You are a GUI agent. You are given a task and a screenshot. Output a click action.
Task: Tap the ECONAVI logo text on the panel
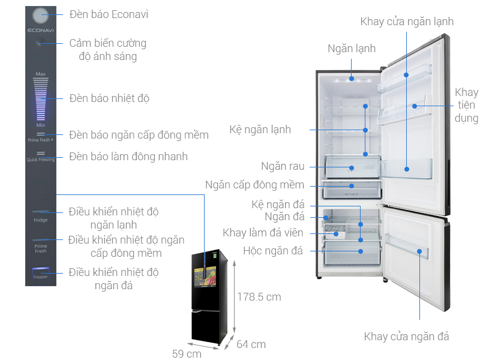(x=40, y=29)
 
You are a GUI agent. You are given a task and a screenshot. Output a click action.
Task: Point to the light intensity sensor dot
(x=40, y=43)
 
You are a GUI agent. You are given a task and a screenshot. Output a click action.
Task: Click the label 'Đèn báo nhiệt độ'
(x=109, y=98)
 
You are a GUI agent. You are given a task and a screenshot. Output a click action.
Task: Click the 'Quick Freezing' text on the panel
(x=41, y=160)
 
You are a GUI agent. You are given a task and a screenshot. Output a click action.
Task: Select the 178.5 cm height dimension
(x=259, y=296)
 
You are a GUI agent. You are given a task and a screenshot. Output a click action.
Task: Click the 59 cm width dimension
(x=187, y=354)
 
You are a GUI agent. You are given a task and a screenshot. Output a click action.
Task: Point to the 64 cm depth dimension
(x=251, y=344)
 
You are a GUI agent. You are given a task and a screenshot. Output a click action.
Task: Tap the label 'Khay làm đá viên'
(x=263, y=233)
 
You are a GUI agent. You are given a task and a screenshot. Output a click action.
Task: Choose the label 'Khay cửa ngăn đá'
(x=406, y=336)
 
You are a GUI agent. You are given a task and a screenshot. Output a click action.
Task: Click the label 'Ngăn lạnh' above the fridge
(x=352, y=49)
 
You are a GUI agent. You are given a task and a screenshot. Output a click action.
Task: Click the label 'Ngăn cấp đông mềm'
(x=254, y=185)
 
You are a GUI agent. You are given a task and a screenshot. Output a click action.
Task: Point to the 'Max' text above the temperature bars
(x=41, y=74)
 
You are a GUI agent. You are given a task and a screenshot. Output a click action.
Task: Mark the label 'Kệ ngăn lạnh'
(x=260, y=129)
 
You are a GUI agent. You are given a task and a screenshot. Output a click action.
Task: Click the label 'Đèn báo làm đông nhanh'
(x=128, y=157)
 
